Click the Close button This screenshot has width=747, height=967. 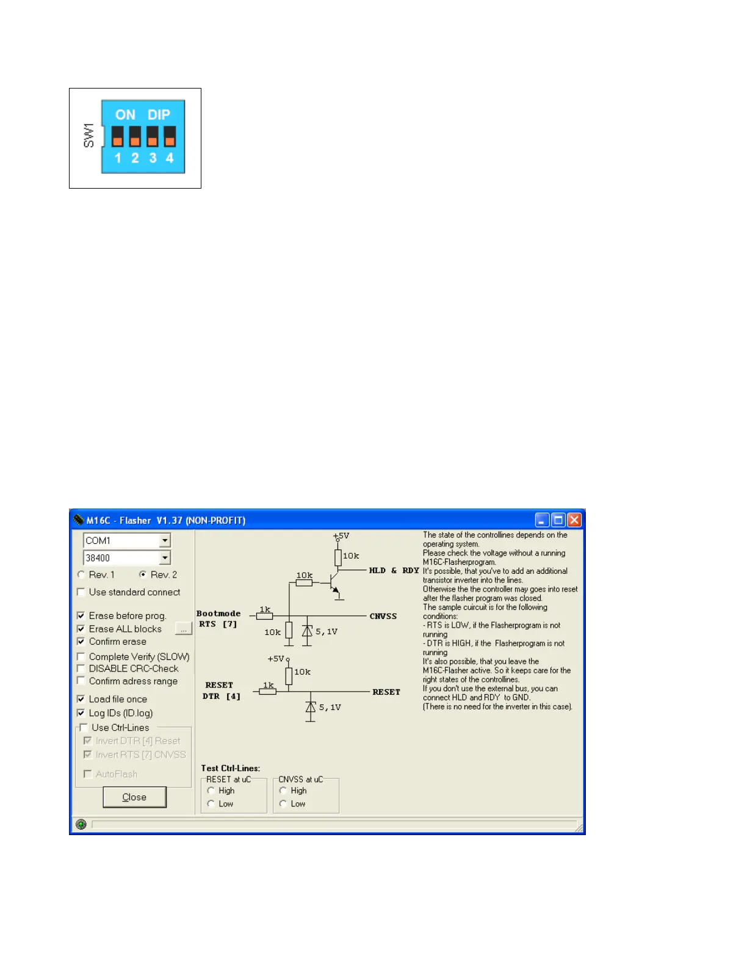[134, 797]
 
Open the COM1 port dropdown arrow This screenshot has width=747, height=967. [165, 540]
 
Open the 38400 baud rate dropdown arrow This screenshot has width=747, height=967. [165, 557]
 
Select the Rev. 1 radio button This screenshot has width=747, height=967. [81, 574]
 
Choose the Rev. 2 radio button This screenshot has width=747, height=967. [143, 574]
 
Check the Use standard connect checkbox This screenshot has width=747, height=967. [81, 592]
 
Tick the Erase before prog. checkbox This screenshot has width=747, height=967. [81, 615]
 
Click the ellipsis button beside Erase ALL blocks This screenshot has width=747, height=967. [183, 629]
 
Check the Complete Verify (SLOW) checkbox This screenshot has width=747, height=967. [81, 656]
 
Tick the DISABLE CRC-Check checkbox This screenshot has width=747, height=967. [81, 668]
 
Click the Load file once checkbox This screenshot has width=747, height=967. [81, 698]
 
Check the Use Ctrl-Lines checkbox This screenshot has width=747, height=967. [84, 727]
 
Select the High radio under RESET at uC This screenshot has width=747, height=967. [211, 791]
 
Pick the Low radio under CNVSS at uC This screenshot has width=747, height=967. [283, 803]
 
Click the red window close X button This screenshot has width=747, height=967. [574, 520]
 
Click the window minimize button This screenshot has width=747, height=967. [542, 520]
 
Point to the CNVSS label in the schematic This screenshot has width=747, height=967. [383, 616]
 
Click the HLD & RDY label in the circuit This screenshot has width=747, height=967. [394, 570]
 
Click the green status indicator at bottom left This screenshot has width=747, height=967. [81, 824]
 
